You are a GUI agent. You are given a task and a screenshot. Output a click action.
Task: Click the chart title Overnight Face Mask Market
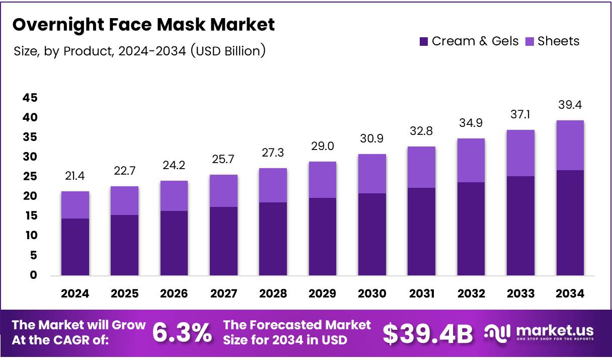143,25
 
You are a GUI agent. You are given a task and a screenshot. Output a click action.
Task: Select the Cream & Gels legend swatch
424,42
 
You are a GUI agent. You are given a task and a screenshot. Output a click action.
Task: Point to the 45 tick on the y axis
29,98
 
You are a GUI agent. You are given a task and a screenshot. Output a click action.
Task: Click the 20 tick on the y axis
29,196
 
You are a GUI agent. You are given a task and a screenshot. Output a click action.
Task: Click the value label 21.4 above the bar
75,176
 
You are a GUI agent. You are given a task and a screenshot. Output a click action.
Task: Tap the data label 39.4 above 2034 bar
570,105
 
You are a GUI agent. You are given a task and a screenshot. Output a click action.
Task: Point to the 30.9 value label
372,138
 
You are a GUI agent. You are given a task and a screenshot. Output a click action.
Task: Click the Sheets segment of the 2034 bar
570,145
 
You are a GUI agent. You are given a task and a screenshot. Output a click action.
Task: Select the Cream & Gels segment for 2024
75,247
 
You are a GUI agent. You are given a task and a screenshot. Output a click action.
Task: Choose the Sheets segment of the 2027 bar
223,191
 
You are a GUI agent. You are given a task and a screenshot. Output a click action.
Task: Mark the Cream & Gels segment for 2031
421,232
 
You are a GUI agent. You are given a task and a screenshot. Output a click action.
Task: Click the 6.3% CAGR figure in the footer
182,333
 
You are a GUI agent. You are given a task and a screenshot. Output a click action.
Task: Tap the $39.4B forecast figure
428,333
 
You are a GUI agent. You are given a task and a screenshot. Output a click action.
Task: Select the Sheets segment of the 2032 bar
471,160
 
